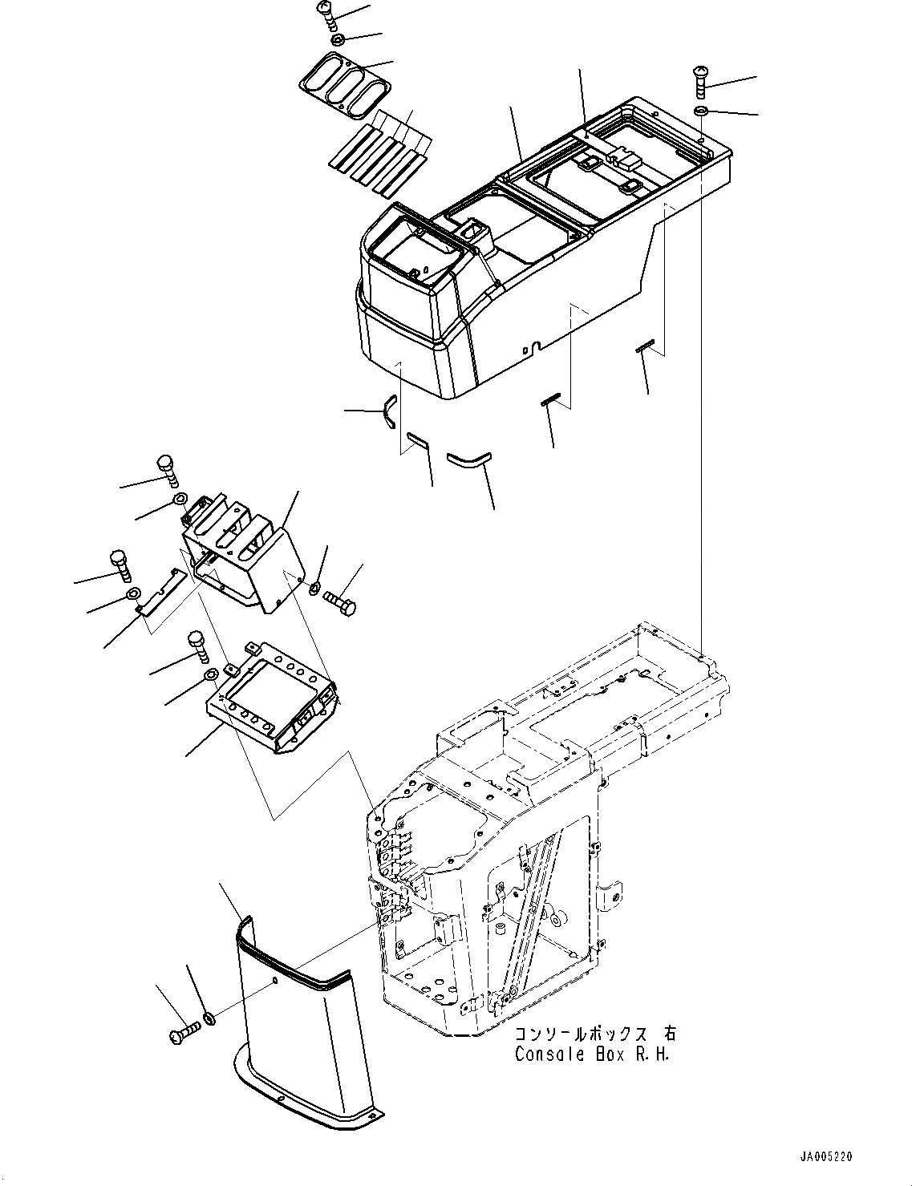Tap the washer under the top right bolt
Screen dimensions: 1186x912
(x=699, y=110)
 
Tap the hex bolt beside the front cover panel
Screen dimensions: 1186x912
(x=184, y=1035)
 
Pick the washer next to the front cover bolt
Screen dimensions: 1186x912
(x=209, y=1018)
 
